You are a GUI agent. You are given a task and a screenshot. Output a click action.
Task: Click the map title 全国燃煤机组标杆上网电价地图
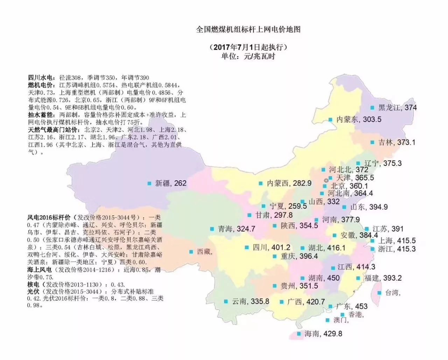248,29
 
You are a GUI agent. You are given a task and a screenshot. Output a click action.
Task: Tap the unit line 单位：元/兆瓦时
248,56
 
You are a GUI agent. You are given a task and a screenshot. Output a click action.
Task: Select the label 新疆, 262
170,183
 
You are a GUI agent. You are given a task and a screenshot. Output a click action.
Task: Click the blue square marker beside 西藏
191,252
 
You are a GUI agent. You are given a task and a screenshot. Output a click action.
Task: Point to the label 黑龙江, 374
397,108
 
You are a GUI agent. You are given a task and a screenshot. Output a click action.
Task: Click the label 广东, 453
351,306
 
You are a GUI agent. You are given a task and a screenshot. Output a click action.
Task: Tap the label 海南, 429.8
323,334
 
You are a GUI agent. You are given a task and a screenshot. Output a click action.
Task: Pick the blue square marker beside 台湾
379,293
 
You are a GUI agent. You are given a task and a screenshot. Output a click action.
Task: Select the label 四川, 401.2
271,248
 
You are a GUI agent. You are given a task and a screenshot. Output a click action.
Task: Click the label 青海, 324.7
237,229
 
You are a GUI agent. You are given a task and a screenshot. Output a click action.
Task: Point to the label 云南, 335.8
250,302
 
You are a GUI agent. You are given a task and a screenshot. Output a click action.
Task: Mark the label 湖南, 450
324,278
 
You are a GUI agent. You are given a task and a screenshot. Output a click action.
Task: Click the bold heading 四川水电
41,78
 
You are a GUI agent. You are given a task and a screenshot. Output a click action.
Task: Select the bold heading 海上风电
40,270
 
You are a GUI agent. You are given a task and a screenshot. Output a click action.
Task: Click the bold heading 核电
34,284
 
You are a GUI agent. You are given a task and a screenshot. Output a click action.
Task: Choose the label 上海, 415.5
397,241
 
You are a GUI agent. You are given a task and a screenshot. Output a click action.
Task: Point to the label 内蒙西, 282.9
289,183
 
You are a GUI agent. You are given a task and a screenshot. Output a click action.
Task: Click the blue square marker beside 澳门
327,320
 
